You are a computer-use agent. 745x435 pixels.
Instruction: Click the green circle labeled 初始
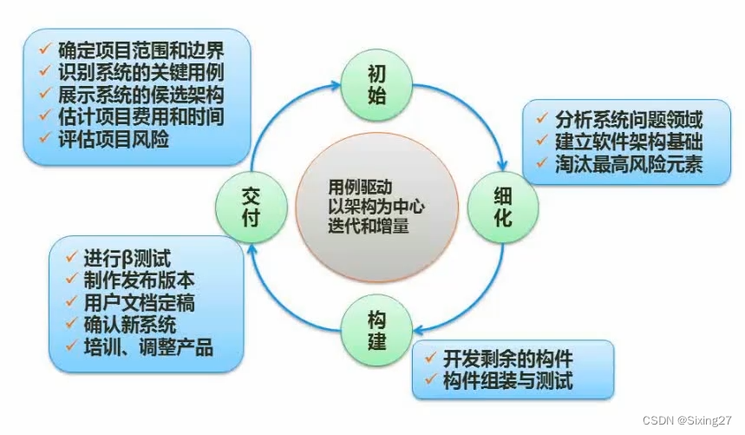[376, 84]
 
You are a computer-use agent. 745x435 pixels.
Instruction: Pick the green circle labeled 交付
[249, 206]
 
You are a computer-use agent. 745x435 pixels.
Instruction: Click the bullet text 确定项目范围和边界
[141, 49]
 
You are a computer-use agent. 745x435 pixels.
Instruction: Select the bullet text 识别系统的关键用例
[141, 71]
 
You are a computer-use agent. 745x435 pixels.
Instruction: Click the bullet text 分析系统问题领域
[629, 119]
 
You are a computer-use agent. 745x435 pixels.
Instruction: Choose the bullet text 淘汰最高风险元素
[629, 162]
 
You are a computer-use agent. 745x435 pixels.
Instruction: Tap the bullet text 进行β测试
[127, 259]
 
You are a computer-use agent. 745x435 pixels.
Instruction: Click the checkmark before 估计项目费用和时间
[43, 116]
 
